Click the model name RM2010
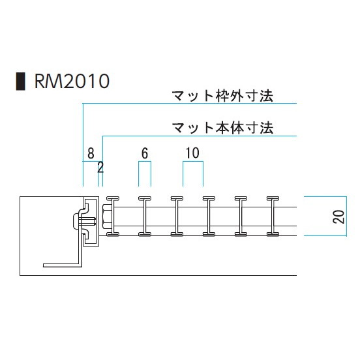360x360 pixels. point(72,81)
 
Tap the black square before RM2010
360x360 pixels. point(20,82)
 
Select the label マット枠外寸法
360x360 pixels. point(222,96)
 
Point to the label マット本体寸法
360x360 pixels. point(222,128)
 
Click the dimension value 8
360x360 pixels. point(91,153)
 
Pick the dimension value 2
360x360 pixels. point(100,167)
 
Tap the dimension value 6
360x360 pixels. point(145,153)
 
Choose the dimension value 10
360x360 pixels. point(192,153)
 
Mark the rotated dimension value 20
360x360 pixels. point(338,217)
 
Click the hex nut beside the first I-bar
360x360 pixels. point(108,217)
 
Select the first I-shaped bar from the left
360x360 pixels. point(113,217)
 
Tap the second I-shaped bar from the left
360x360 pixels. point(145,217)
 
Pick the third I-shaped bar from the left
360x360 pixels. point(177,217)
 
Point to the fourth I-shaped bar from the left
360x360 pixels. point(209,217)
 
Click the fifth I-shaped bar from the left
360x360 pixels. point(241,217)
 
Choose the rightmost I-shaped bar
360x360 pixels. point(273,217)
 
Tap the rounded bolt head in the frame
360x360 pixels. point(76,221)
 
